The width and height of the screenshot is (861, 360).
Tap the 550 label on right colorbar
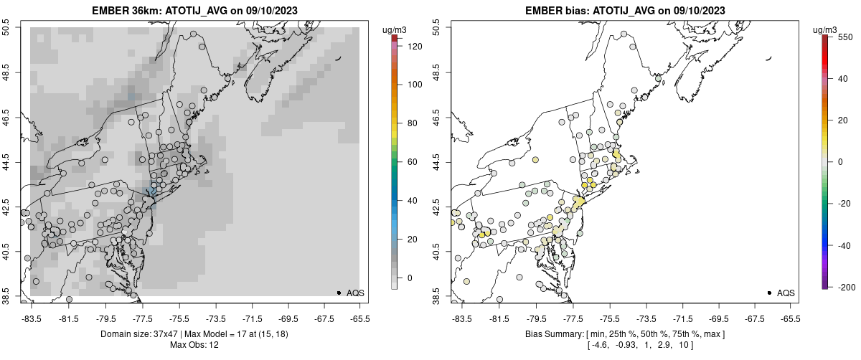[844, 36]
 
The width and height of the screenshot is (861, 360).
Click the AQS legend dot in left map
[339, 293]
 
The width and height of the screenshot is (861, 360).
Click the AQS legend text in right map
[786, 293]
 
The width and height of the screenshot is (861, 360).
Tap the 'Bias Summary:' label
[555, 334]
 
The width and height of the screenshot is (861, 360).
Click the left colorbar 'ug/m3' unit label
[396, 29]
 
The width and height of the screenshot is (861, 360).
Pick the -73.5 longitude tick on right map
[646, 318]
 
